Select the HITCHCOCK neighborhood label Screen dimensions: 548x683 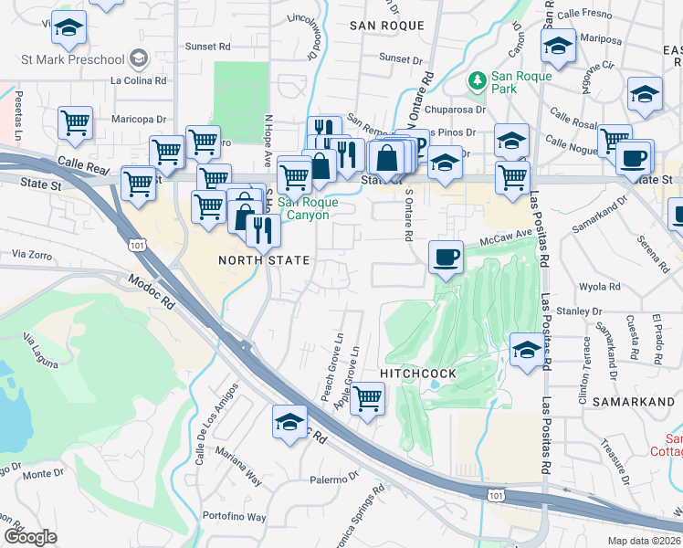point(417,374)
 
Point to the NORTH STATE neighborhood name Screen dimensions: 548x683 point(264,260)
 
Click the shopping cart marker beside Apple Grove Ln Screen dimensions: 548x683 point(367,398)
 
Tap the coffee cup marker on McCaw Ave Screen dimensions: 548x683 point(445,257)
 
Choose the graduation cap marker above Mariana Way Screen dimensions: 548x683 point(289,421)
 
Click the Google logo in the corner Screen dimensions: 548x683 point(29,536)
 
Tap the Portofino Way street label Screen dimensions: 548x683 point(235,517)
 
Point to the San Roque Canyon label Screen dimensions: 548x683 point(308,208)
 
